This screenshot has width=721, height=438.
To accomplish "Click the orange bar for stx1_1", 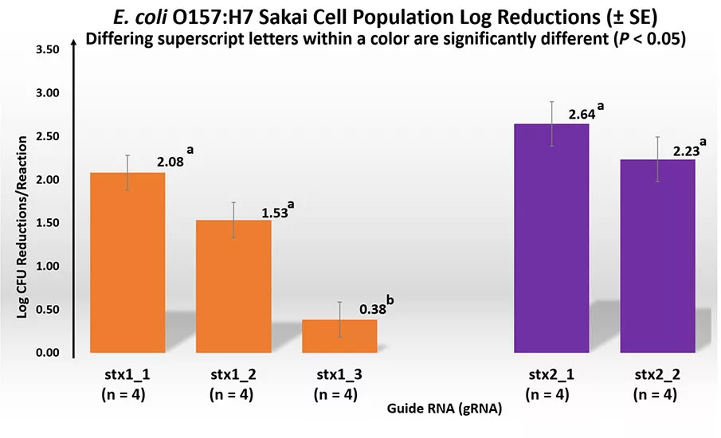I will (127, 263).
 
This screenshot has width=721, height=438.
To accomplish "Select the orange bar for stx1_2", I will (233, 287).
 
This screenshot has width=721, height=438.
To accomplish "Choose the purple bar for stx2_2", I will (657, 256).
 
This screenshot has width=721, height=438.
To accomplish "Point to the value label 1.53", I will (275, 213).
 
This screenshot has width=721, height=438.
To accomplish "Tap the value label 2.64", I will (582, 115).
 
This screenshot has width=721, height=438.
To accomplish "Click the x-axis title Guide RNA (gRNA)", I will (444, 409).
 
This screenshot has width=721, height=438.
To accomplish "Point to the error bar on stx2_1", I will (551, 123).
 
